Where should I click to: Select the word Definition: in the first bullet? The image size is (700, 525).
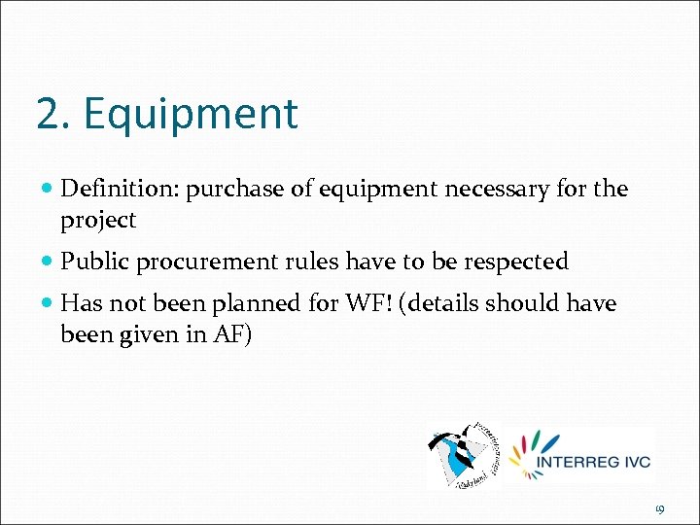(x=120, y=189)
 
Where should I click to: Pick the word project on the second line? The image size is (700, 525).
(x=98, y=221)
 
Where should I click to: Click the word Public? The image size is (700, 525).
(x=94, y=262)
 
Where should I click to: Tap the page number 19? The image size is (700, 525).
(x=659, y=508)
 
